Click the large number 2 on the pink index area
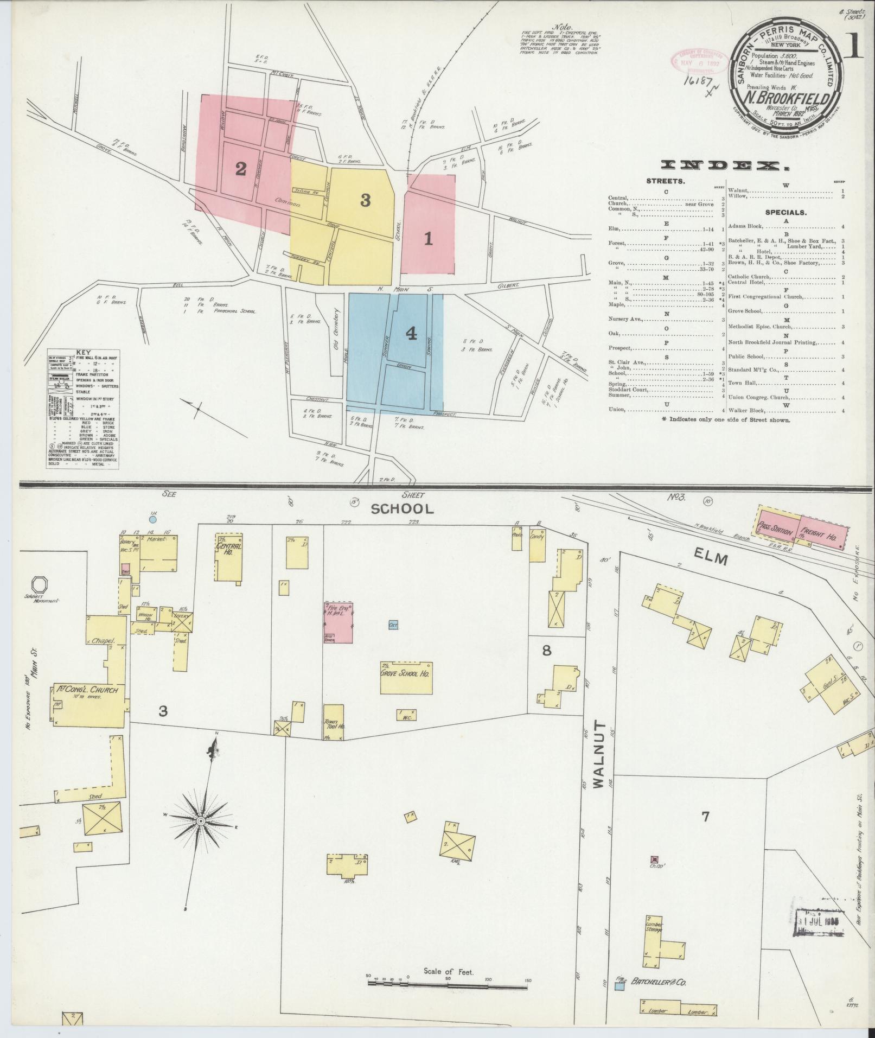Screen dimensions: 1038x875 coord(240,169)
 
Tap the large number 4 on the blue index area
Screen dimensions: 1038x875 coord(411,335)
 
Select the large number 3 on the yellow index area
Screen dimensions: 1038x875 coord(365,201)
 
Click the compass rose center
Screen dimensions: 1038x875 coord(201,836)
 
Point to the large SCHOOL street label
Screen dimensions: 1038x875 coord(403,509)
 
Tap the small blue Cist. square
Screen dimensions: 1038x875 coord(394,625)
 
